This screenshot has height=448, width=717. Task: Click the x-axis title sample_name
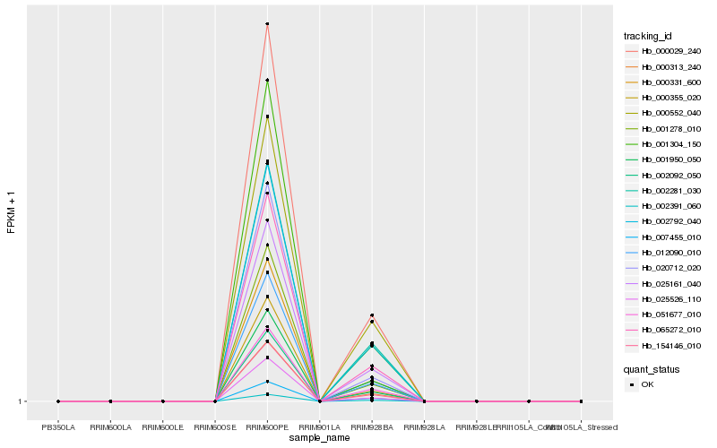(320, 438)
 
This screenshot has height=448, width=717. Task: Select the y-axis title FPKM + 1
(12, 213)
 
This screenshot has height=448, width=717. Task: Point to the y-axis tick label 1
(21, 401)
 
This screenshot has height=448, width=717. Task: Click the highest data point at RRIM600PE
(267, 23)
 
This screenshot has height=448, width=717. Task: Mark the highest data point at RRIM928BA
(372, 315)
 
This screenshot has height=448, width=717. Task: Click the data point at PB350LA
(58, 401)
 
